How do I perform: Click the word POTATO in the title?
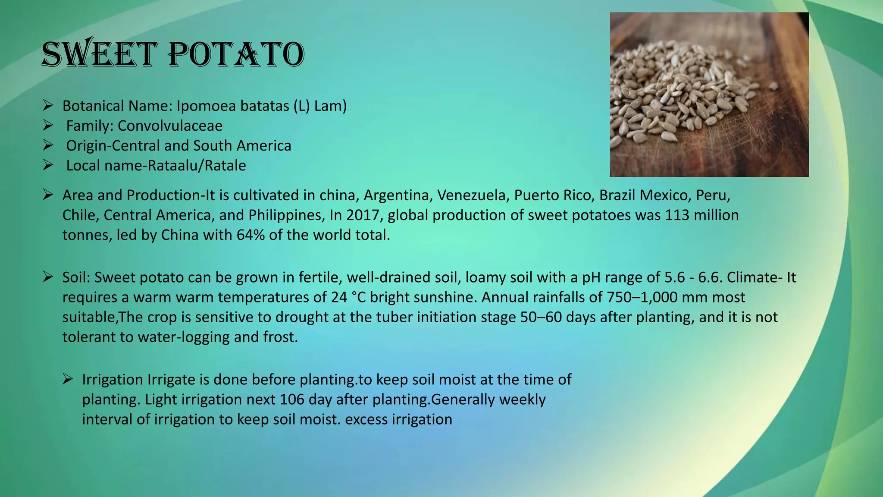click(x=236, y=55)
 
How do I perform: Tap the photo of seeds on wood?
click(x=709, y=94)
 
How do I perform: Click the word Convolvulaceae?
click(x=170, y=126)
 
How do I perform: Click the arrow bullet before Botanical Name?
click(x=48, y=105)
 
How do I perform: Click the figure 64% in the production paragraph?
click(x=250, y=235)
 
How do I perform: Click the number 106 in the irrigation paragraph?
click(x=292, y=399)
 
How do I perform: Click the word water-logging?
click(x=184, y=337)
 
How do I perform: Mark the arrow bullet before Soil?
click(x=48, y=277)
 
